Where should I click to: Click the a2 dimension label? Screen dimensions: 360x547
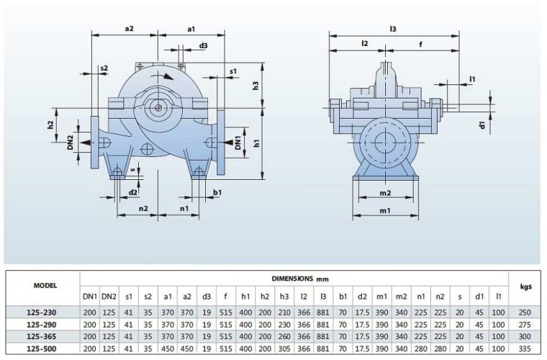pos(130,29)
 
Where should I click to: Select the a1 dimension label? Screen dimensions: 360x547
pos(191,29)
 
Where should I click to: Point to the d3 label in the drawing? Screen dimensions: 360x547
pos(204,46)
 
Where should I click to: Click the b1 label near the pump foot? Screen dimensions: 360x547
pos(217,192)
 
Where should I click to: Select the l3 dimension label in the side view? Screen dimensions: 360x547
pos(393,29)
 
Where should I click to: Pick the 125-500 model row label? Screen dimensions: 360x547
pos(40,348)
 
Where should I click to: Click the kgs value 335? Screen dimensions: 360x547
pos(525,348)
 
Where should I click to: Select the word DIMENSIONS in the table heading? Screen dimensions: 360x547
pos(292,277)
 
